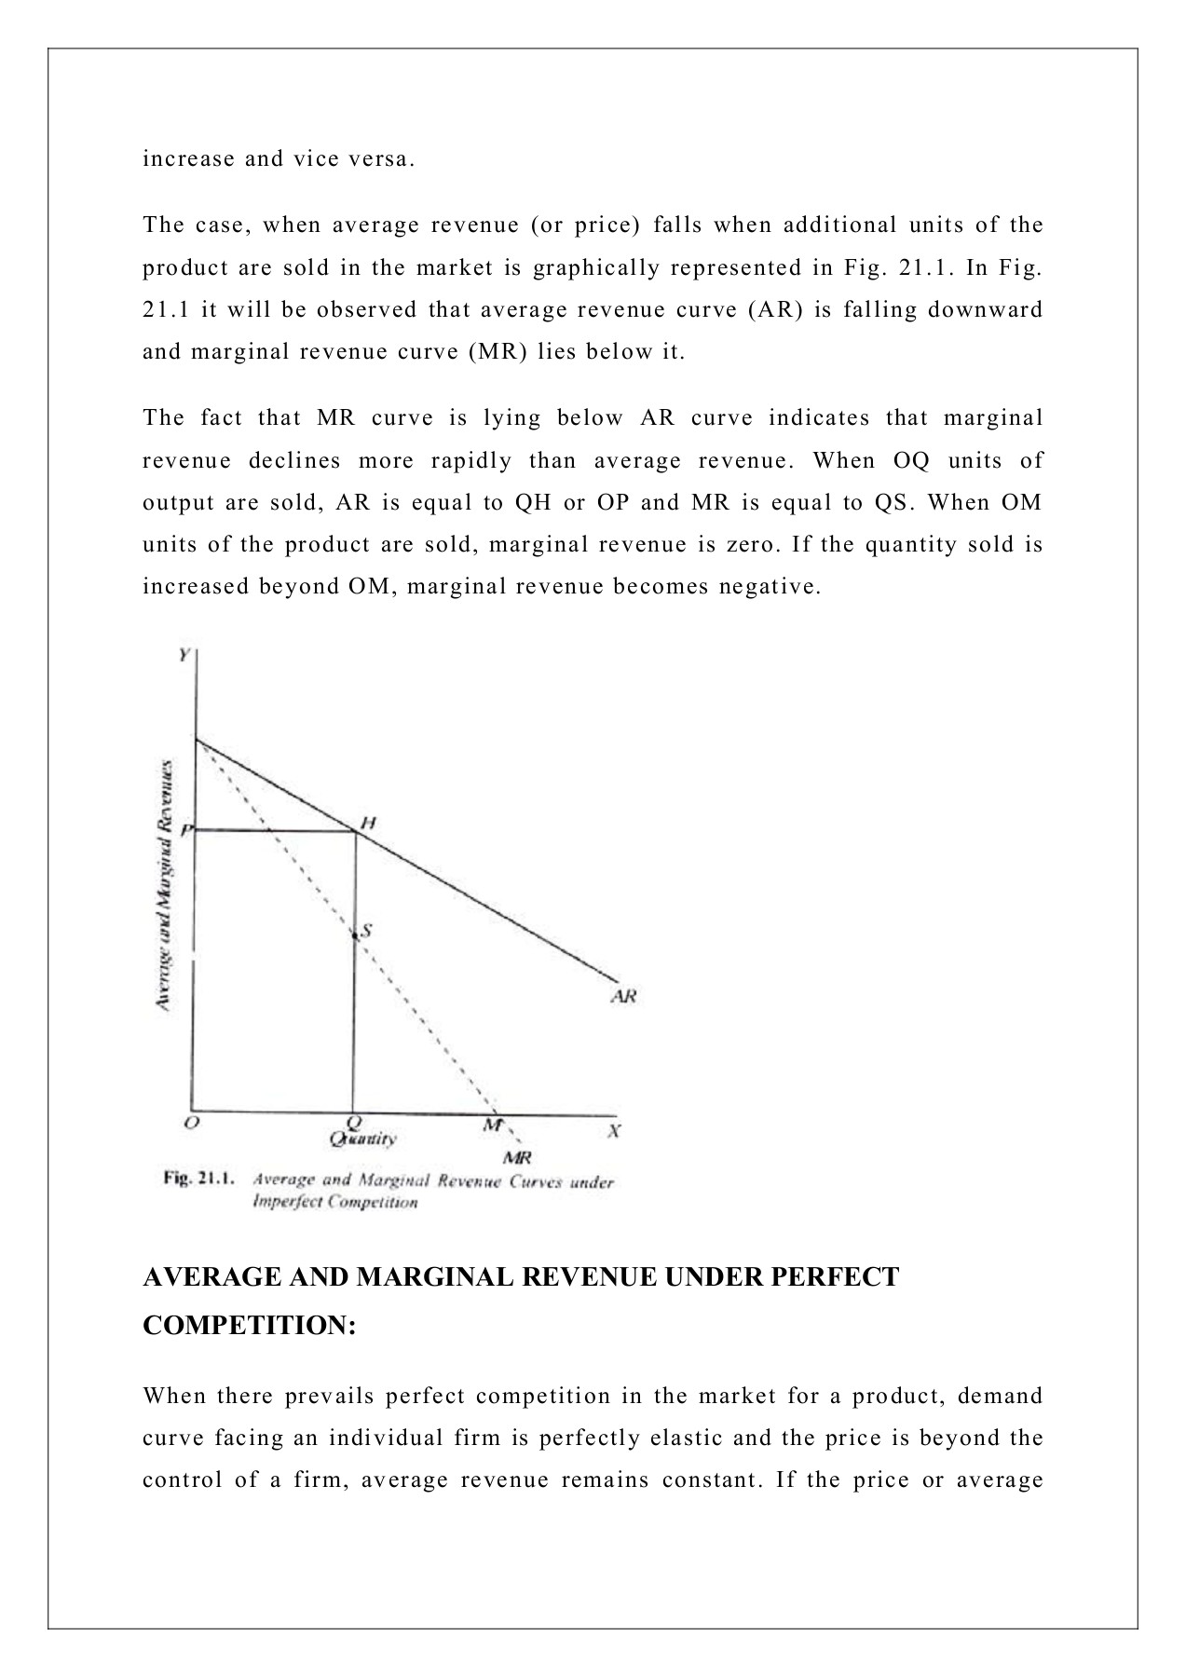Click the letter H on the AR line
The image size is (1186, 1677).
click(369, 823)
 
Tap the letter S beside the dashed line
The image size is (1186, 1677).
click(367, 930)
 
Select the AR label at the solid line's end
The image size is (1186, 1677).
click(623, 996)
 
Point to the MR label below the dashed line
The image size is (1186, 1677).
click(517, 1158)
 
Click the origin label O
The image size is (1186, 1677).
click(190, 1123)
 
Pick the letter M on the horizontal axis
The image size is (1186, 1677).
click(491, 1125)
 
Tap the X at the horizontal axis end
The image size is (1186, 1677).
click(614, 1131)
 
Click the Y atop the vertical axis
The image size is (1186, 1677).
click(184, 654)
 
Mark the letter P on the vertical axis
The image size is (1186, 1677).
click(186, 829)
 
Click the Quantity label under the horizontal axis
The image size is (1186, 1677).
click(363, 1138)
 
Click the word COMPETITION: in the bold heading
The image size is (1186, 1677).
click(250, 1325)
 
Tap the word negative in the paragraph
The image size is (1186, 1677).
click(776, 587)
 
